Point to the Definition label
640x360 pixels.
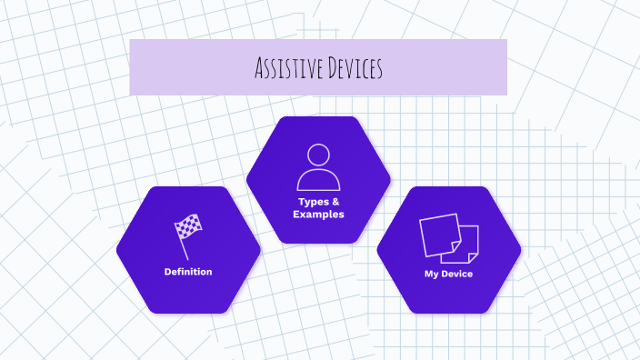188,272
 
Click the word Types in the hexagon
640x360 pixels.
312,202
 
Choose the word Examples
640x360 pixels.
318,215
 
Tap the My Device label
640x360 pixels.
449,274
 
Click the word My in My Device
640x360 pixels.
431,274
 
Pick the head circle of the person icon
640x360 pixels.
318,154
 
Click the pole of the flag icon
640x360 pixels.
183,246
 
